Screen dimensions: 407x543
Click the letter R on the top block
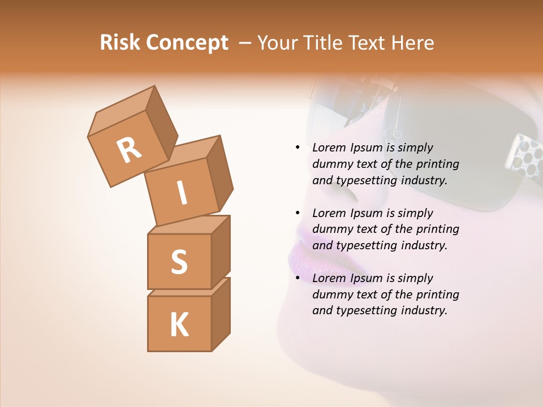pyautogui.click(x=130, y=150)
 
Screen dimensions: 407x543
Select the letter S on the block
pyautogui.click(x=179, y=262)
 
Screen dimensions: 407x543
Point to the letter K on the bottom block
pyautogui.click(x=179, y=325)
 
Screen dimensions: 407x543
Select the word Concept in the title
pyautogui.click(x=187, y=44)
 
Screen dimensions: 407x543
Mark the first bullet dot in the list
pyautogui.click(x=298, y=148)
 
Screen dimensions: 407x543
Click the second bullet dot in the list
pyautogui.click(x=298, y=213)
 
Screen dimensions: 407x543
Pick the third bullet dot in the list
pyautogui.click(x=298, y=278)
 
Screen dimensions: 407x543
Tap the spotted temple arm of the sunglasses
pyautogui.click(x=523, y=158)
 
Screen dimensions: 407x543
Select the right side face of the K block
pyautogui.click(x=221, y=314)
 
